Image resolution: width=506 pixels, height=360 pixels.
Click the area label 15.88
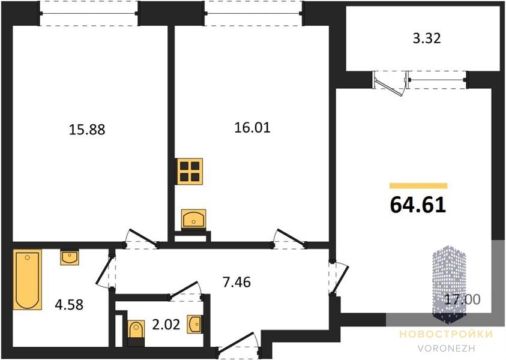point(87,130)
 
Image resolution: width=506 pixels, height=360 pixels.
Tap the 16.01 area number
point(252,128)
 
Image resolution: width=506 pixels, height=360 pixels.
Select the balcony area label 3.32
point(427,38)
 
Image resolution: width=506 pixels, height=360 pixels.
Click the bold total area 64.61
point(418,205)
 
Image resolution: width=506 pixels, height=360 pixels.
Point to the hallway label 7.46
point(236,282)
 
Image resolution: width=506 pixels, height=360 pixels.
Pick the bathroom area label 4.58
point(69,305)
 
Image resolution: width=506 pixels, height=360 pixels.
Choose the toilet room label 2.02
point(166,325)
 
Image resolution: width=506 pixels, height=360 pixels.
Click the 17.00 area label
point(462,299)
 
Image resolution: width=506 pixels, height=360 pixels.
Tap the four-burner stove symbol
point(189,172)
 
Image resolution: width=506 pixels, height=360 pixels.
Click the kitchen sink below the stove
point(193,219)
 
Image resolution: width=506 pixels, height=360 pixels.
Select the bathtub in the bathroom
point(28,280)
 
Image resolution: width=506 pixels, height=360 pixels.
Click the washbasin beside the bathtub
point(70,257)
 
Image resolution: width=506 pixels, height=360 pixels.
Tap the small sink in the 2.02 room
point(195,324)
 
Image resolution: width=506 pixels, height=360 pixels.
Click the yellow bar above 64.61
point(418,185)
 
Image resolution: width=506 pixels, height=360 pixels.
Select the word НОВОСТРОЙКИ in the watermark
point(447,334)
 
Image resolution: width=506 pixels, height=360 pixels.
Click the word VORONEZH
point(447,349)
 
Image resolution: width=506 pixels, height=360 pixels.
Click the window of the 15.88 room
point(89,13)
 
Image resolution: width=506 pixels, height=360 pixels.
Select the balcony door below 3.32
point(389,83)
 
